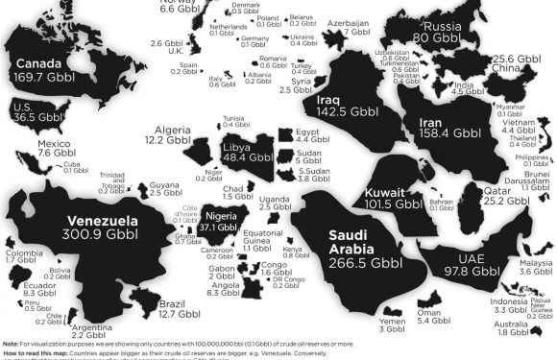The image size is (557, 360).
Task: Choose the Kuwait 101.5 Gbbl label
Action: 395,199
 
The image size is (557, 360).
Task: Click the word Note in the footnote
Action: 11,343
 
